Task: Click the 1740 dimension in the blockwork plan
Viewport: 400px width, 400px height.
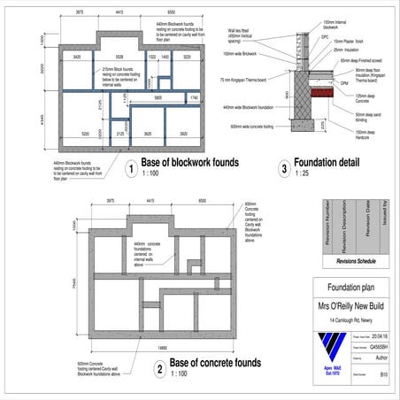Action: [x=194, y=96]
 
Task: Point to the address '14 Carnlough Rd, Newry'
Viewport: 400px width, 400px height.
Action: [x=352, y=319]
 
